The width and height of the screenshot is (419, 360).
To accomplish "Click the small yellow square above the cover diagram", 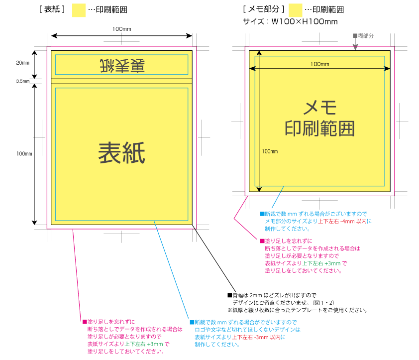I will (79, 10).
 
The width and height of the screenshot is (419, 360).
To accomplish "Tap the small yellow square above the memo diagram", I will (296, 10).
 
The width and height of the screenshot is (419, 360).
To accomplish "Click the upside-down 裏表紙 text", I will (122, 65).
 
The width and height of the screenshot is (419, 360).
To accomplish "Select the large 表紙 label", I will (122, 153).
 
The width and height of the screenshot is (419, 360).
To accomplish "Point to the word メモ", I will (320, 107).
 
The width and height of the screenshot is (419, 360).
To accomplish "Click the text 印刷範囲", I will (320, 128).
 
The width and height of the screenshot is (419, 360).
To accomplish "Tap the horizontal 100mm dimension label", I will (319, 64).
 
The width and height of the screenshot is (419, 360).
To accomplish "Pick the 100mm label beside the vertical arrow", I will (269, 151).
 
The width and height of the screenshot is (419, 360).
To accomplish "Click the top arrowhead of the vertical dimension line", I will (258, 53).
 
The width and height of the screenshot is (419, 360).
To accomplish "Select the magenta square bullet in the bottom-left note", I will (84, 322).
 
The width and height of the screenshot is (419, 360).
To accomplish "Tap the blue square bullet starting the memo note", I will (262, 214).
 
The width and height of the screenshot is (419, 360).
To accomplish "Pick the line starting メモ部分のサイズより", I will (318, 221).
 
